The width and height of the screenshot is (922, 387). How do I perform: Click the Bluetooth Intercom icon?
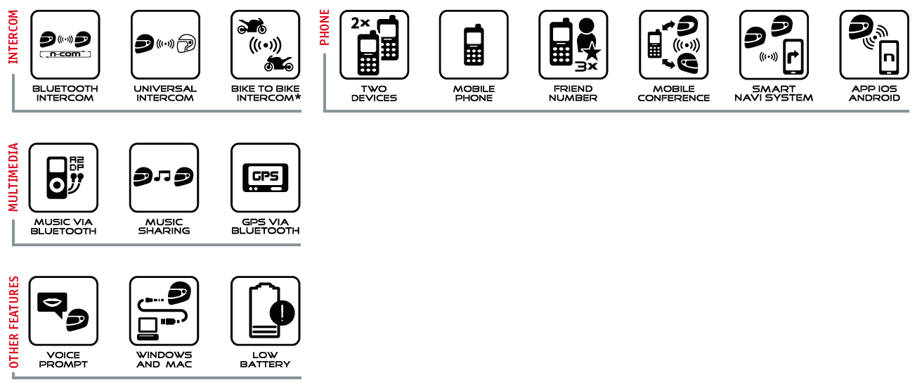(x=64, y=44)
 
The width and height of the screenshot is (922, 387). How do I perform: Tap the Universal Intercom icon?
(x=164, y=44)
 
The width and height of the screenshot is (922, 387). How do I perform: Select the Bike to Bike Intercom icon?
(x=265, y=44)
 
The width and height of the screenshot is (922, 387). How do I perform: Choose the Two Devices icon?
(x=374, y=44)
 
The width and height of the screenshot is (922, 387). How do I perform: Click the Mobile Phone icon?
(x=474, y=44)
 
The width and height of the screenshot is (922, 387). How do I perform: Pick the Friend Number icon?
(x=573, y=44)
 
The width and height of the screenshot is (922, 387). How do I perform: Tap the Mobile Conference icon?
(x=673, y=44)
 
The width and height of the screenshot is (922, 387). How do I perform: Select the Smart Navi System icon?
(x=774, y=44)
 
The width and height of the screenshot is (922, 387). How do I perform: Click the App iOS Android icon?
(x=874, y=44)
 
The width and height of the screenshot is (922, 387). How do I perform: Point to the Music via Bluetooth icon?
(x=63, y=178)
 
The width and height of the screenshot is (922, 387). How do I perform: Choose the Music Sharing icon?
(x=164, y=178)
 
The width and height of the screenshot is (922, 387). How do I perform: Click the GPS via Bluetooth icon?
(x=265, y=178)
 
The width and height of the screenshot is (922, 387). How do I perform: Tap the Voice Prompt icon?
(x=63, y=311)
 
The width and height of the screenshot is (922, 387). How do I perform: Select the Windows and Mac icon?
(x=164, y=311)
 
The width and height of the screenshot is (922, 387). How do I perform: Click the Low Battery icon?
(x=265, y=311)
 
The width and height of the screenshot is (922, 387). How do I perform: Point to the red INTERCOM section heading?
(x=13, y=37)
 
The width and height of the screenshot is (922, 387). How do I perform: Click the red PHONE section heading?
(x=325, y=27)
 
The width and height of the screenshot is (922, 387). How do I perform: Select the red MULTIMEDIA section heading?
(x=13, y=177)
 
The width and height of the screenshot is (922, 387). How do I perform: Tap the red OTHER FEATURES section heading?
(x=13, y=322)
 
